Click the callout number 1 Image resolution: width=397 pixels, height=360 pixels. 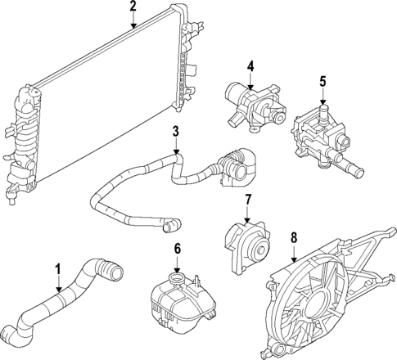point(58,269)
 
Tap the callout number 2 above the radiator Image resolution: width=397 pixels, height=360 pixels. point(133,7)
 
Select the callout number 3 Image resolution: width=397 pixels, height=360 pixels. point(175,131)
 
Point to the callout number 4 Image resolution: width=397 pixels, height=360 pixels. point(251,65)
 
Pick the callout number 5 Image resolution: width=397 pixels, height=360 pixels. point(323,81)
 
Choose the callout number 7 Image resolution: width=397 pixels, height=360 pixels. point(246,199)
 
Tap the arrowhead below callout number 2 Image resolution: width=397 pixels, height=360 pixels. point(133,27)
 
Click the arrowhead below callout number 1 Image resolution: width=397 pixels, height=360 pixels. point(58,290)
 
